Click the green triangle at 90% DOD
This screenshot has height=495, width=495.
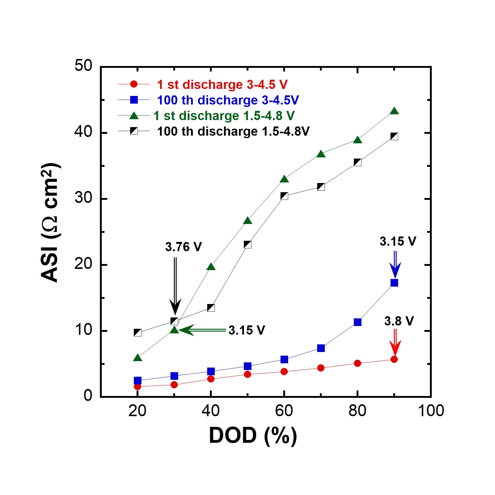pos(394,111)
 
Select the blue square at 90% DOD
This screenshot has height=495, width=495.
pos(394,283)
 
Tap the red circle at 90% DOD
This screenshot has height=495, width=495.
pos(394,359)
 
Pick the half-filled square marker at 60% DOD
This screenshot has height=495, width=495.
pos(284,196)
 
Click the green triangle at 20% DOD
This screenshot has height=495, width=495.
pos(137,358)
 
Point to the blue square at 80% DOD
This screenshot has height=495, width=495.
pos(358,322)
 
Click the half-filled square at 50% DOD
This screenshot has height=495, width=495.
pos(248,244)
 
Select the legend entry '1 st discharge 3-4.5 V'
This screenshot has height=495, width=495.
pos(222,85)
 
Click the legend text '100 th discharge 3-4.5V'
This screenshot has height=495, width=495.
pos(228,100)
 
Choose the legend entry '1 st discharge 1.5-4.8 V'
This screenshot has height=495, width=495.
pos(224,116)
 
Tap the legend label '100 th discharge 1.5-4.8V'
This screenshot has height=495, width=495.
pos(233,131)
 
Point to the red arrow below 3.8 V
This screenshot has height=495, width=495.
pos(395,342)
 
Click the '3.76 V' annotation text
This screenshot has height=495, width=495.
pos(183,247)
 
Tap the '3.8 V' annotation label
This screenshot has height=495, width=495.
pos(399,321)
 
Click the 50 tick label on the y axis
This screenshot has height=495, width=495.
pos(83,65)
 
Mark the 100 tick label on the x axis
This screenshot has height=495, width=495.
pos(431,411)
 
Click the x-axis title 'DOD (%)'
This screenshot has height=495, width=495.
pos(253,435)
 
